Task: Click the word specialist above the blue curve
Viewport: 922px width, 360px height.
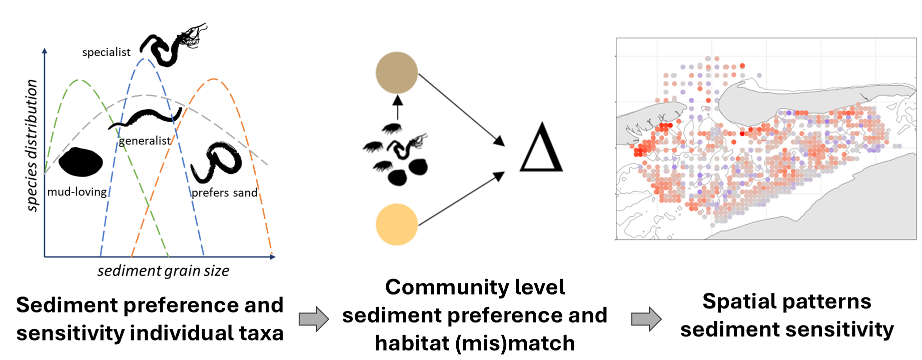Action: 106,52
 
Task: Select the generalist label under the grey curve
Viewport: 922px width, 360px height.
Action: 145,141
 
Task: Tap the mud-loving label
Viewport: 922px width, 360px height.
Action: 77,192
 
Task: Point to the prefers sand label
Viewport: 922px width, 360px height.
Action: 224,192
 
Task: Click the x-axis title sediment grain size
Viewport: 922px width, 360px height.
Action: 163,271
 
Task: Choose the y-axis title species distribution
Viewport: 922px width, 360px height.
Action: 32,145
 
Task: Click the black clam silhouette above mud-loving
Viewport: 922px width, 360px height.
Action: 81,162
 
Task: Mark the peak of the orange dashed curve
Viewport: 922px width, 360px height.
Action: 214,79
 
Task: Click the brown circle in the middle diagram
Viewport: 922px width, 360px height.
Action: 397,72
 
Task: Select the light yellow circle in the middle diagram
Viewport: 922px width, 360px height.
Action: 397,224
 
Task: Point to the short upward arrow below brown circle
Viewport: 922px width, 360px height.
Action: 398,106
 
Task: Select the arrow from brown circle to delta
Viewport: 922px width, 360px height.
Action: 460,109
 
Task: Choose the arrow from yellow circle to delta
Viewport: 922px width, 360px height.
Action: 460,199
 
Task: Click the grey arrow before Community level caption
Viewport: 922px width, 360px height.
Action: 314,318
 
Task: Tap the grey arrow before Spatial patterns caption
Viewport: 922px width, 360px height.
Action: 646,318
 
